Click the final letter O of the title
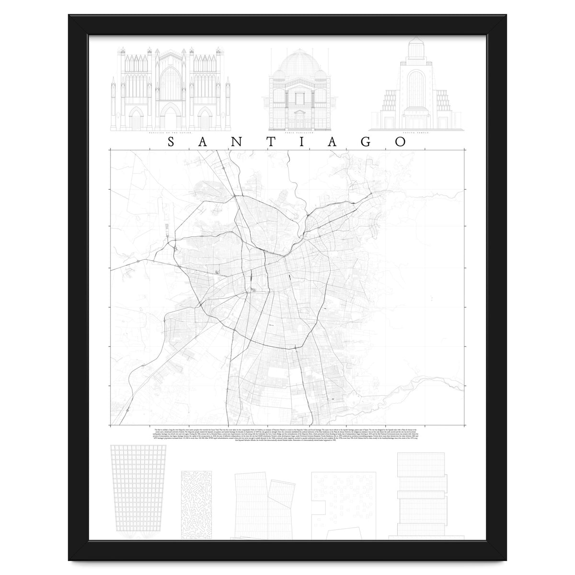tap(400, 142)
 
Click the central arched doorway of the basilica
tap(170, 117)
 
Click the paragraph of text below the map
tap(287, 434)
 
